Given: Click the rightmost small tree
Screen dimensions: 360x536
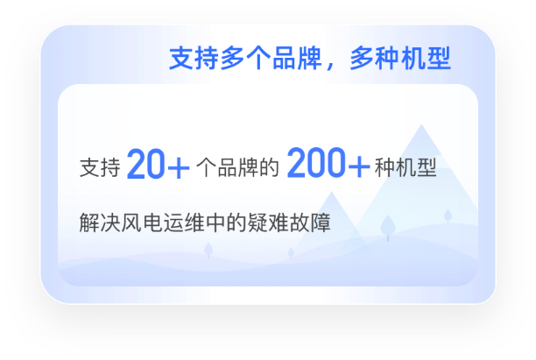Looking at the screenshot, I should tap(448, 215).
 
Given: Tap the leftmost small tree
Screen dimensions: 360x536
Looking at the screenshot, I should tap(208, 250).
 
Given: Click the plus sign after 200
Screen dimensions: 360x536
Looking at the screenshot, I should tap(358, 166).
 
